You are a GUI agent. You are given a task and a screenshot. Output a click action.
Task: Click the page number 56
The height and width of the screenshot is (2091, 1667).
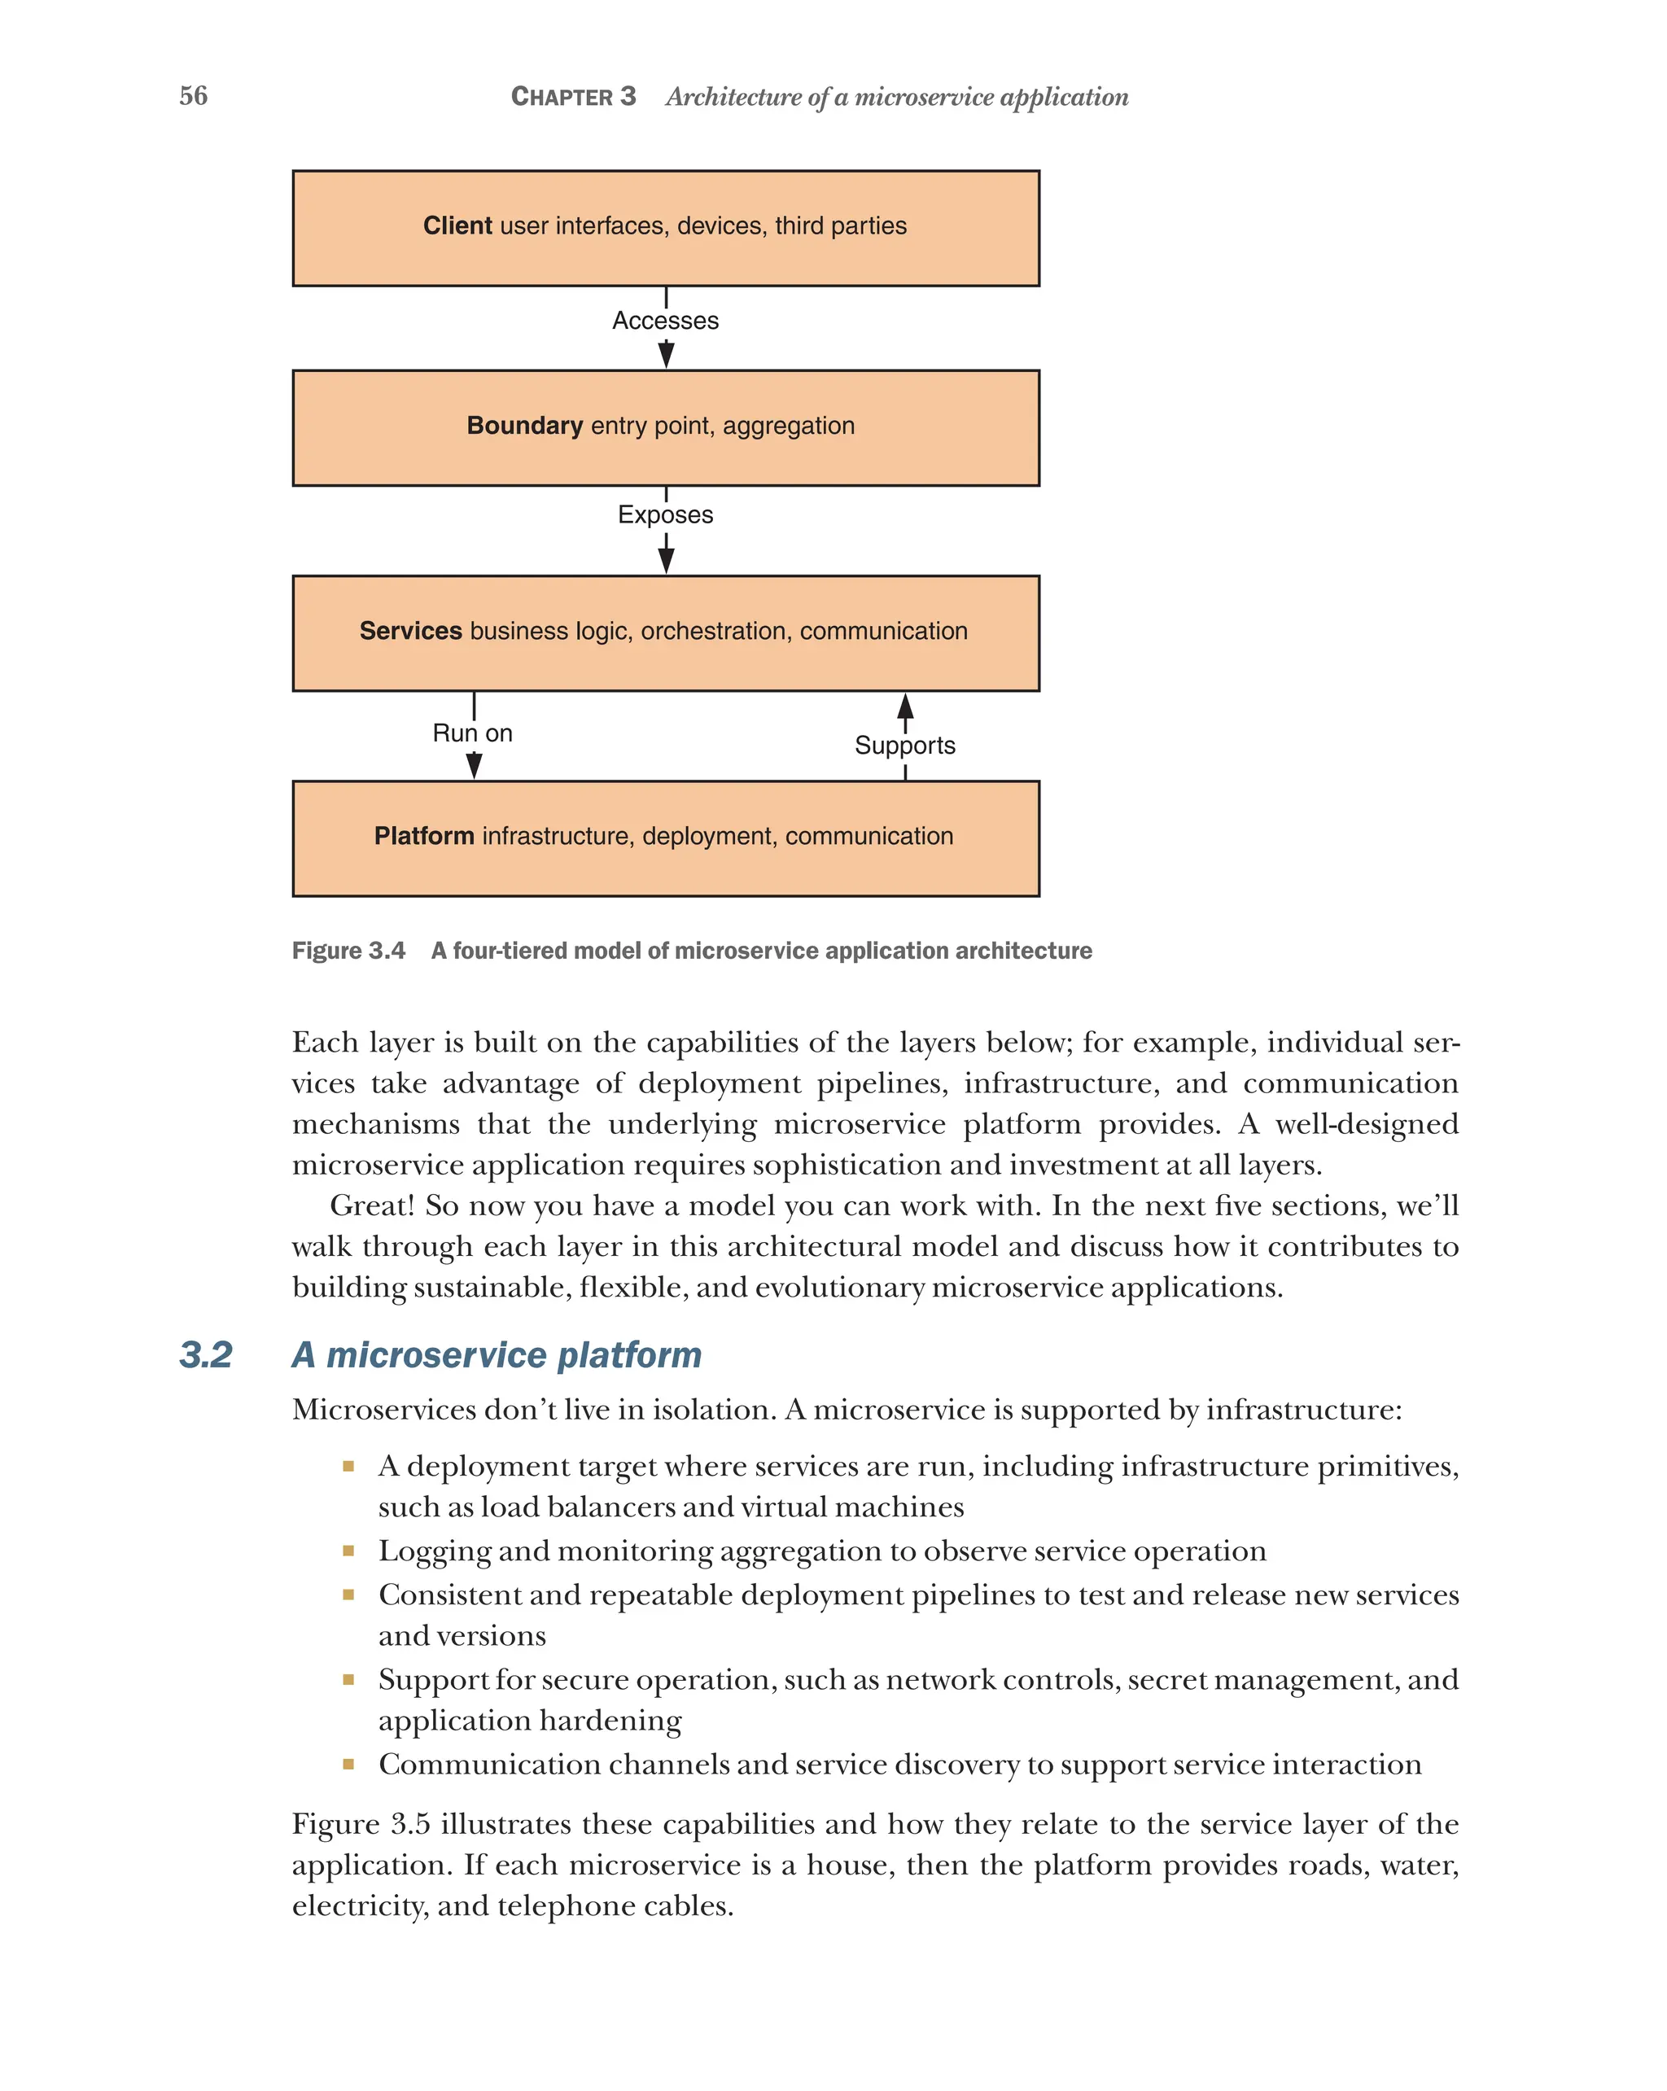(x=193, y=95)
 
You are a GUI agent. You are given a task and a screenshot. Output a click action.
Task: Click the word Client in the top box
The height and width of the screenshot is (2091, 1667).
(x=457, y=226)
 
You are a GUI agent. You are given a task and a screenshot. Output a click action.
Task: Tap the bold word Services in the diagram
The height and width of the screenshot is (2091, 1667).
(x=410, y=631)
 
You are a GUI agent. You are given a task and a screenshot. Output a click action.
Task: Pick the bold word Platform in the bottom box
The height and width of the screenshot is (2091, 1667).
(x=424, y=836)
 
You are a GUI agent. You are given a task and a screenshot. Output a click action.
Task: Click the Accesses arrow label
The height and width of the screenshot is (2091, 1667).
(x=665, y=321)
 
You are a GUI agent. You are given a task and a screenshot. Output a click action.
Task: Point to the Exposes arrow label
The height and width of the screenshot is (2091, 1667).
(x=665, y=515)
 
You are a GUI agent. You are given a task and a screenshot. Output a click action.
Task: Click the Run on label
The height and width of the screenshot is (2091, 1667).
(x=472, y=733)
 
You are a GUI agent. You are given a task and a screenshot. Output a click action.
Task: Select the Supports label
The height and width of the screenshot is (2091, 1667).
(x=904, y=746)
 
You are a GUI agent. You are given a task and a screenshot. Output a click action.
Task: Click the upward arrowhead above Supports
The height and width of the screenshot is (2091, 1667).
(x=905, y=705)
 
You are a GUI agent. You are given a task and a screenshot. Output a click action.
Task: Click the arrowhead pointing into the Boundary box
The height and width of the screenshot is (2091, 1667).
(x=666, y=355)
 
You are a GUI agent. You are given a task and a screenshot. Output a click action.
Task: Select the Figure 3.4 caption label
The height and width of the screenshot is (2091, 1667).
(x=348, y=951)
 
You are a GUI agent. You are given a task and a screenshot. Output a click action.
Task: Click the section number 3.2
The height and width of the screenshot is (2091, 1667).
(x=206, y=1355)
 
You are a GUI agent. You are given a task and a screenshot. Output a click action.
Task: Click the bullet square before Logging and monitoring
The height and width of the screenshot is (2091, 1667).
(x=348, y=1551)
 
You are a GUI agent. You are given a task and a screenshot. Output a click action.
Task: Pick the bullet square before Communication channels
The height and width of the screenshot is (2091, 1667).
(x=348, y=1764)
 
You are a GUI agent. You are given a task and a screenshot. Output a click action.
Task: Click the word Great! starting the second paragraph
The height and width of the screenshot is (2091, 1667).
(x=371, y=1205)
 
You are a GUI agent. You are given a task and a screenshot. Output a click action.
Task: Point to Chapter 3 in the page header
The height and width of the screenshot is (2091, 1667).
(x=573, y=97)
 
